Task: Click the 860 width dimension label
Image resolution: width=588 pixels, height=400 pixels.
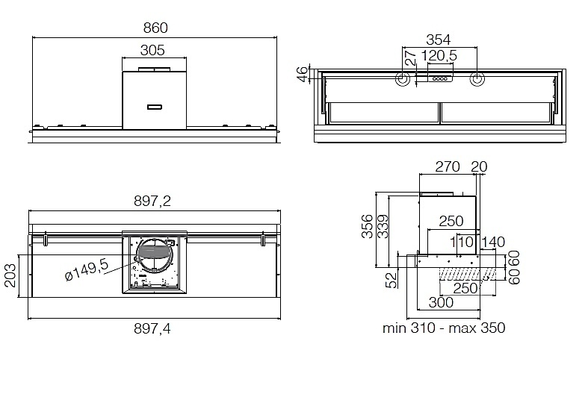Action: (155, 28)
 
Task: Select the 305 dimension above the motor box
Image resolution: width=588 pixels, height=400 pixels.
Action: (152, 50)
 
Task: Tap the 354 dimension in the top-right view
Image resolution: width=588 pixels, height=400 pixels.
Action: (439, 40)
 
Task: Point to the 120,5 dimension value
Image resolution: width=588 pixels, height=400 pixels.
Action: (439, 56)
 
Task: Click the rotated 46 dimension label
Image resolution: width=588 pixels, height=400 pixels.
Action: (303, 73)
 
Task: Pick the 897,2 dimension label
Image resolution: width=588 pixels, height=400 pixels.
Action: (152, 201)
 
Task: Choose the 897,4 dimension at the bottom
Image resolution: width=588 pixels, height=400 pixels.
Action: (152, 329)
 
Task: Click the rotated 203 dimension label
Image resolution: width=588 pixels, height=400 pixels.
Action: (10, 275)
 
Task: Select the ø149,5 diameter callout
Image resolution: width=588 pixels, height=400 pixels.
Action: (87, 269)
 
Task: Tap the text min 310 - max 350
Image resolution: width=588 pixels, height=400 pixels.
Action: (444, 328)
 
